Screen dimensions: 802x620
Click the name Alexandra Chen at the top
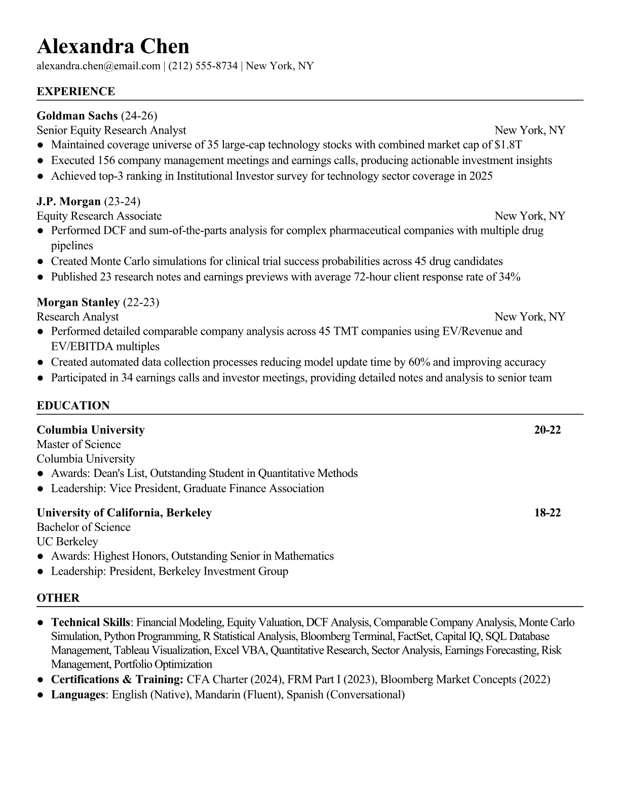pyautogui.click(x=113, y=47)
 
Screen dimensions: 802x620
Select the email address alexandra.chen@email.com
pyautogui.click(x=98, y=66)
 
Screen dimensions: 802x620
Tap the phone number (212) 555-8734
pyautogui.click(x=203, y=66)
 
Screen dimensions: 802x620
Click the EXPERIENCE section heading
pyautogui.click(x=76, y=92)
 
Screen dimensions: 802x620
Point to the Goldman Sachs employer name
pyautogui.click(x=77, y=115)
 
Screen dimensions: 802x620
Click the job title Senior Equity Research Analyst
pyautogui.click(x=111, y=130)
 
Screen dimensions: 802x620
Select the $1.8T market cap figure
pyautogui.click(x=508, y=145)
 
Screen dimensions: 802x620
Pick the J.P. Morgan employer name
pyautogui.click(x=69, y=202)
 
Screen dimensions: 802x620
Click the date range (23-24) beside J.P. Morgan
pyautogui.click(x=122, y=202)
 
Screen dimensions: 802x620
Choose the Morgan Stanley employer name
pyautogui.click(x=78, y=302)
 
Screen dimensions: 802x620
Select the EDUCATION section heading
pyautogui.click(x=73, y=406)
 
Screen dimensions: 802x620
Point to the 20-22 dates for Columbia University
pyautogui.click(x=547, y=430)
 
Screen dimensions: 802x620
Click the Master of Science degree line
pyautogui.click(x=79, y=445)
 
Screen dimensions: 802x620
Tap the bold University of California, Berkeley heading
pyautogui.click(x=124, y=512)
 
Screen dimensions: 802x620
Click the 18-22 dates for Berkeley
pyautogui.click(x=547, y=512)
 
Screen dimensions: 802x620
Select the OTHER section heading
pyautogui.click(x=58, y=598)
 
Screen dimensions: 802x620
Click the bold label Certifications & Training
pyautogui.click(x=117, y=679)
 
